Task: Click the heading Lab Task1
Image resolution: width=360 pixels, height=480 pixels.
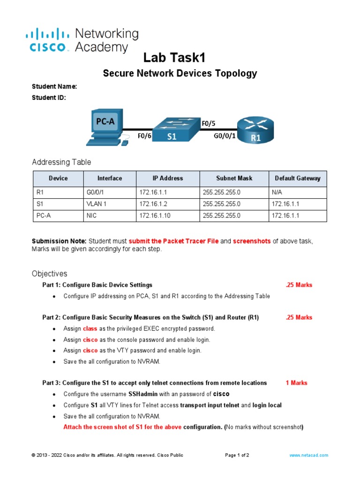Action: (x=174, y=58)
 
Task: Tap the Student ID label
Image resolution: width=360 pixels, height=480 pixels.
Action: (x=49, y=97)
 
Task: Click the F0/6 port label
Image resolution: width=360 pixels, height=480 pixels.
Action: (x=144, y=136)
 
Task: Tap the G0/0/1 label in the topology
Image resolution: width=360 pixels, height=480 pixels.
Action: (x=225, y=136)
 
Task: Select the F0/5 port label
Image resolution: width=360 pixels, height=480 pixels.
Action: (x=209, y=123)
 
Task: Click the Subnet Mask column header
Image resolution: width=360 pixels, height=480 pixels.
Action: (x=234, y=178)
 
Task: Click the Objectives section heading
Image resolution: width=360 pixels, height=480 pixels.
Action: (x=50, y=273)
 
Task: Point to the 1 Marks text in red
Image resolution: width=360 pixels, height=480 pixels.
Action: (x=296, y=383)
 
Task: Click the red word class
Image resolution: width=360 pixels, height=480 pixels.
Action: (x=90, y=329)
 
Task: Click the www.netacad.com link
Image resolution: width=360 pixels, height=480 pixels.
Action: (x=309, y=455)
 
